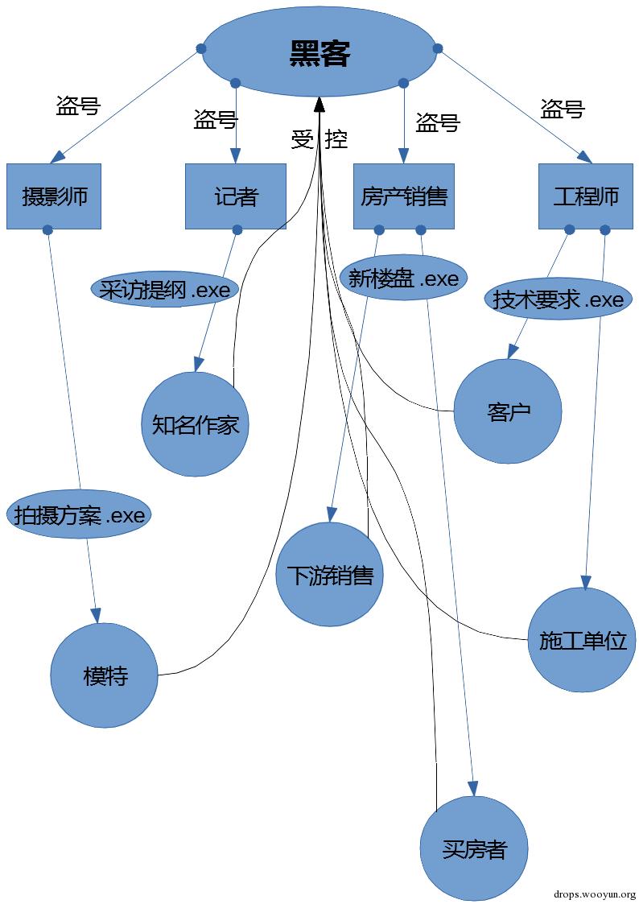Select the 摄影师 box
pyautogui.click(x=54, y=196)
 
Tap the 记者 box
pyautogui.click(x=236, y=196)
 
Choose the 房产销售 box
pyautogui.click(x=404, y=196)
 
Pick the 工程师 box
pyautogui.click(x=586, y=196)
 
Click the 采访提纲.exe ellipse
pyautogui.click(x=166, y=290)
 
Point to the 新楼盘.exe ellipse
pyautogui.click(x=403, y=279)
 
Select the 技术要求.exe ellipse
pyautogui.click(x=558, y=299)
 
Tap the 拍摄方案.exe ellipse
pyautogui.click(x=79, y=515)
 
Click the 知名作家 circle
pyautogui.click(x=196, y=424)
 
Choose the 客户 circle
pyautogui.click(x=508, y=411)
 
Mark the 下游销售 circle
pyautogui.click(x=329, y=575)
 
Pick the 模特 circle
pyautogui.click(x=105, y=675)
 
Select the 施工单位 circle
pyautogui.click(x=582, y=641)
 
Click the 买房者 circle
pyautogui.click(x=474, y=848)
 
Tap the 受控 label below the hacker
pyautogui.click(x=319, y=139)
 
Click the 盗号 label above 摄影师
pyautogui.click(x=78, y=105)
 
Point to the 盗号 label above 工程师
pyautogui.click(x=563, y=109)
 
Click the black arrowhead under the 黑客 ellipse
pyautogui.click(x=319, y=104)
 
